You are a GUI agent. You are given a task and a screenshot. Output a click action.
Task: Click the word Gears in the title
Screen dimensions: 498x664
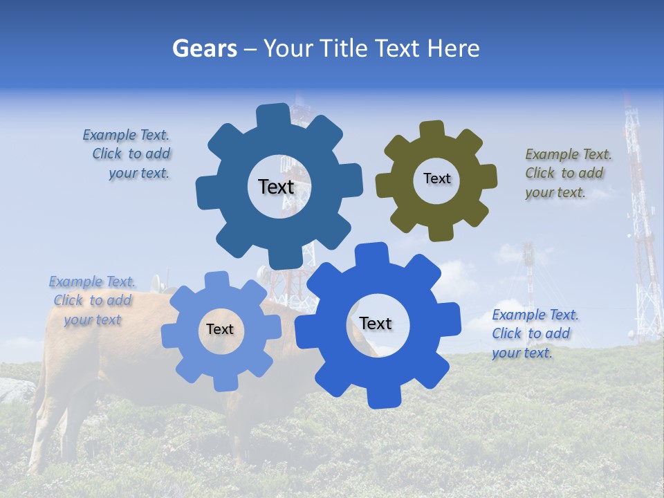coord(204,48)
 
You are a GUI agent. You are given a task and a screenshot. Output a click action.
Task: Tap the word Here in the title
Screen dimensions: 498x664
coord(454,48)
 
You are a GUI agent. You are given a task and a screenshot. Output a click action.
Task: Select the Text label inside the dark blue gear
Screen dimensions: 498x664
coord(276,187)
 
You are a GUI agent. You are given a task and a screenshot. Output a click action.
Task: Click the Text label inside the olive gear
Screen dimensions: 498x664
coord(436,178)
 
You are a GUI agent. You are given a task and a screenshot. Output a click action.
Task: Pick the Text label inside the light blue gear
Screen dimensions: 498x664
coord(220,329)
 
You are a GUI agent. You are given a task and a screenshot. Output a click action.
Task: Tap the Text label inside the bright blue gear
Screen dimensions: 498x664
coord(376,323)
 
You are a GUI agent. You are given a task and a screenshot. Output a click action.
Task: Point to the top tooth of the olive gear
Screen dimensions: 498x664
coord(432,129)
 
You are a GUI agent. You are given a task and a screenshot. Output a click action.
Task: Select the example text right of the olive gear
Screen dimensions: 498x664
coord(567,173)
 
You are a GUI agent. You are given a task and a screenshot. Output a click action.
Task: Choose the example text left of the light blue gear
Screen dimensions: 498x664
coord(92,300)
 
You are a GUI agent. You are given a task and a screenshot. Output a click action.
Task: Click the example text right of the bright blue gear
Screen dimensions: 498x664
coord(534,333)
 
